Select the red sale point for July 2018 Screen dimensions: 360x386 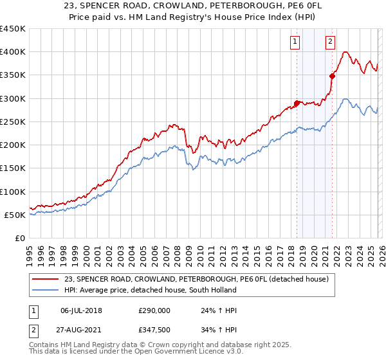(297, 103)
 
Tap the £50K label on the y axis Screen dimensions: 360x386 (15, 215)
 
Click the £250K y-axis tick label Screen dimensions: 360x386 (13, 122)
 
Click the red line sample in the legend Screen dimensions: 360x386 (46, 279)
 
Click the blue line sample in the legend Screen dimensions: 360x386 (46, 290)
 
